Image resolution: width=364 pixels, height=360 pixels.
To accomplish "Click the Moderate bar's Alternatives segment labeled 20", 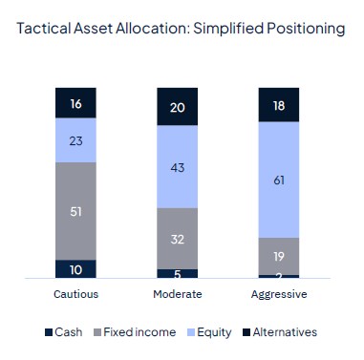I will click(177, 106).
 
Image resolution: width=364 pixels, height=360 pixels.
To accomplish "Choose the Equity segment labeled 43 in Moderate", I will click(177, 167).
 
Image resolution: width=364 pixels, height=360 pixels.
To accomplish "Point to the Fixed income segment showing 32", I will click(177, 238).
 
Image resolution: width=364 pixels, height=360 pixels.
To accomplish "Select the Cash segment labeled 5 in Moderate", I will click(177, 273).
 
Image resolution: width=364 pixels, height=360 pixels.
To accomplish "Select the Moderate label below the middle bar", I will click(177, 293).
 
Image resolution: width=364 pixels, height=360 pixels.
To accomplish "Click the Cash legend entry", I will click(64, 331).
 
